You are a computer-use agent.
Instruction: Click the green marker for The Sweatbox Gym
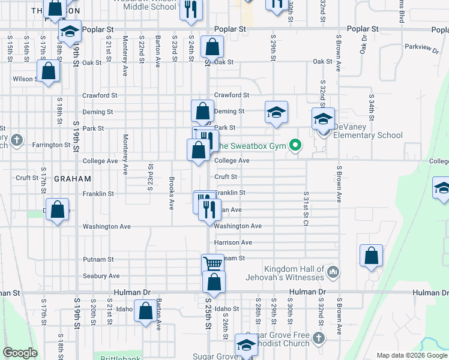click(x=295, y=145)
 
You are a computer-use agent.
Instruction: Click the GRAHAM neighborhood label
click(x=72, y=179)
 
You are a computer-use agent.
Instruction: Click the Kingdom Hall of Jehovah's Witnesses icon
click(x=334, y=273)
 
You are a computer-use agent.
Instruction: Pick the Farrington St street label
click(x=51, y=145)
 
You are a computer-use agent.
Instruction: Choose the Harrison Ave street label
click(x=233, y=242)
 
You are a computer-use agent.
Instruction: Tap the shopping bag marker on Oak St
click(x=212, y=47)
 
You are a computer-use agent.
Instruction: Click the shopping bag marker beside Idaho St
click(x=145, y=312)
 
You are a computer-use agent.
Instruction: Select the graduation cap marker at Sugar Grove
click(x=246, y=345)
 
